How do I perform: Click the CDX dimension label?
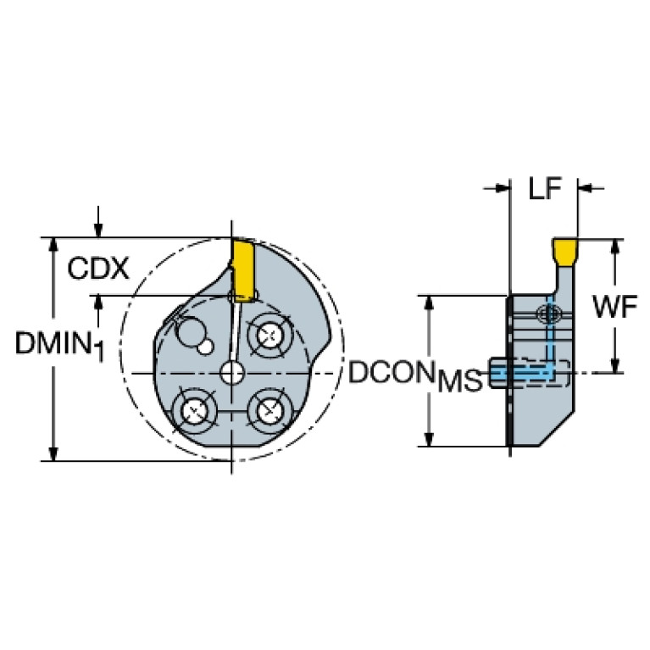98,269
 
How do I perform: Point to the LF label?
545,189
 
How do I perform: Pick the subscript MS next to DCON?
459,381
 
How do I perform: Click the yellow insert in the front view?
242,269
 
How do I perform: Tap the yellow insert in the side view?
564,251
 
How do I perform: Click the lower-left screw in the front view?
193,412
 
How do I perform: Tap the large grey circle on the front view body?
192,328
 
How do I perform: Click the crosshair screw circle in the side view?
547,315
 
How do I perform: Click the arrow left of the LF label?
501,188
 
